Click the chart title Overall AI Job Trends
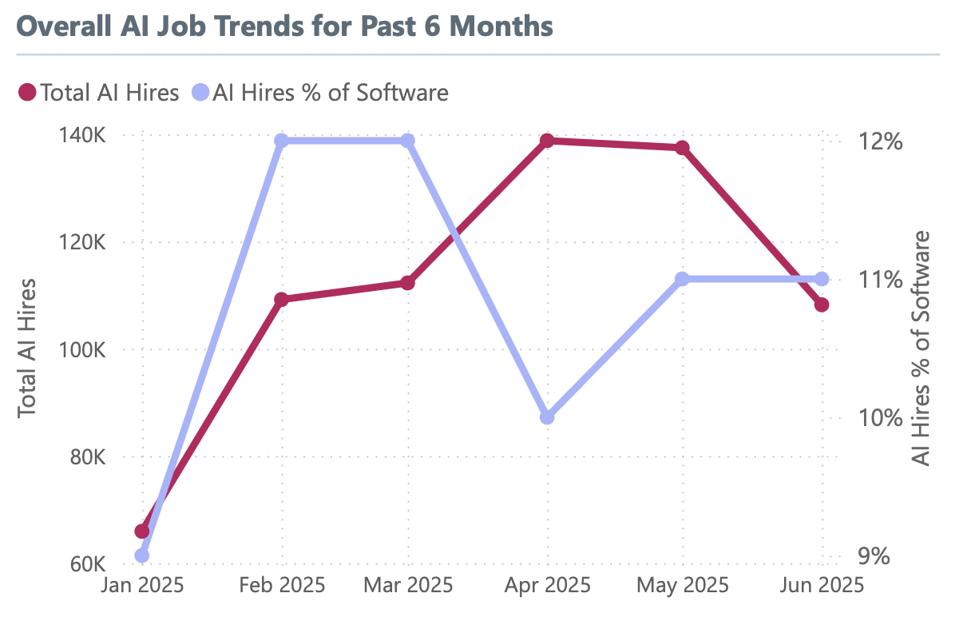tap(284, 26)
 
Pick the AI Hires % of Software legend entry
tap(319, 92)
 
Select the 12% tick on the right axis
tap(881, 141)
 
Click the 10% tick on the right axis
tap(881, 418)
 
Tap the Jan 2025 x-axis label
tap(142, 586)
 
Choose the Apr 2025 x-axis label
tap(547, 586)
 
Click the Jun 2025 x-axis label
tap(820, 586)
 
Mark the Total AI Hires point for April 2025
tap(547, 141)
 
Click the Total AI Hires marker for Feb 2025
tap(281, 299)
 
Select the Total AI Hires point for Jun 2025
tap(822, 305)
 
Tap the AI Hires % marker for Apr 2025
tap(547, 417)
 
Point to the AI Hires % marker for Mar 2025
tap(407, 141)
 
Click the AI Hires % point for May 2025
tap(682, 279)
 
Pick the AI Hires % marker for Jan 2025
tap(142, 555)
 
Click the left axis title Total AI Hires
tap(29, 348)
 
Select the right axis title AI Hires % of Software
tap(922, 348)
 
